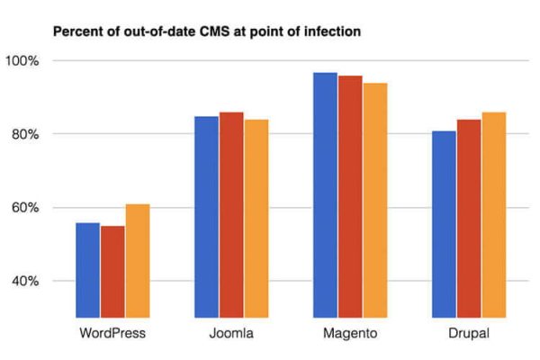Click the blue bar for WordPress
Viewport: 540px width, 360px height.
88,270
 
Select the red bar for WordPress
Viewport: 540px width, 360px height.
112,272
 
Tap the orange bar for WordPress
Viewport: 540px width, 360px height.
137,261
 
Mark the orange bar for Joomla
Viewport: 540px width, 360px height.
256,219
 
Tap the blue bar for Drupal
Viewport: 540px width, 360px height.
444,225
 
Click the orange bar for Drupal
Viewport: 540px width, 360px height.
492,216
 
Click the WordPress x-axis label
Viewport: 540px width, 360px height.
112,335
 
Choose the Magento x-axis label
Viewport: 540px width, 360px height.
349,335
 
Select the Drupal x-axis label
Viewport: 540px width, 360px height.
468,335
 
